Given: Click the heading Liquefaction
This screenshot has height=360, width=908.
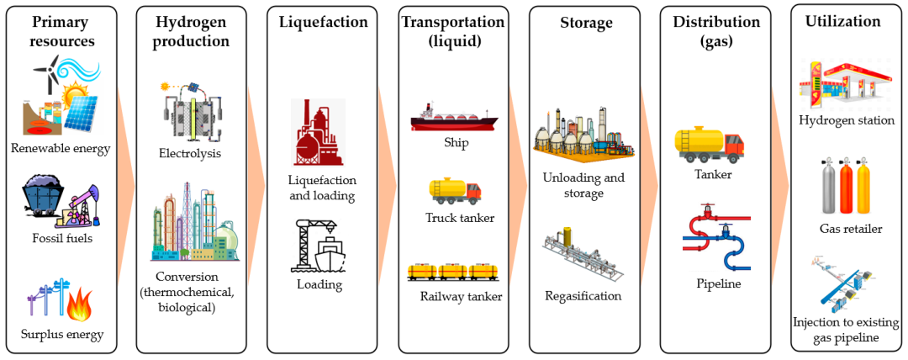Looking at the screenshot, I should click(324, 22).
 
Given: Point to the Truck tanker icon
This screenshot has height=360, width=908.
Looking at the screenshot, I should click(456, 191).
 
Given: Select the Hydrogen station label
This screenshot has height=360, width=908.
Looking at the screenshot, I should click(847, 120).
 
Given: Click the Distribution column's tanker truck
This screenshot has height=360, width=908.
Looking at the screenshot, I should click(709, 144).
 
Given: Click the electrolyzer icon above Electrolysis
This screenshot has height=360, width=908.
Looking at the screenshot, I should click(192, 112).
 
